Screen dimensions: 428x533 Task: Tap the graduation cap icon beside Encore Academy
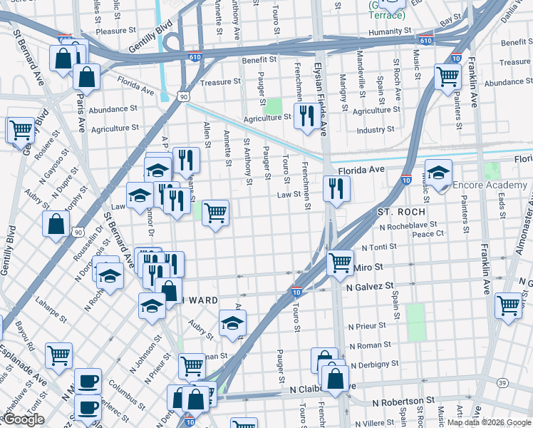point(439,173)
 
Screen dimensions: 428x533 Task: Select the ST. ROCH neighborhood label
point(401,212)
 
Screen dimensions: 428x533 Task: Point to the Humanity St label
point(390,32)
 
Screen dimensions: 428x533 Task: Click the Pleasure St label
point(115,31)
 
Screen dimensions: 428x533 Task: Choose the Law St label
point(289,194)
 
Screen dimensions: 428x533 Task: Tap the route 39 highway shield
point(503,384)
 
